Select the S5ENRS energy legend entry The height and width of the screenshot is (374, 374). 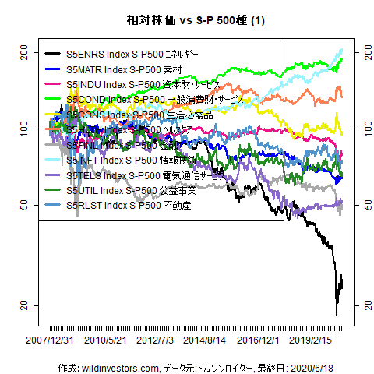[x=132, y=55]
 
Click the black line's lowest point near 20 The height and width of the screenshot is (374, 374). [x=337, y=315]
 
